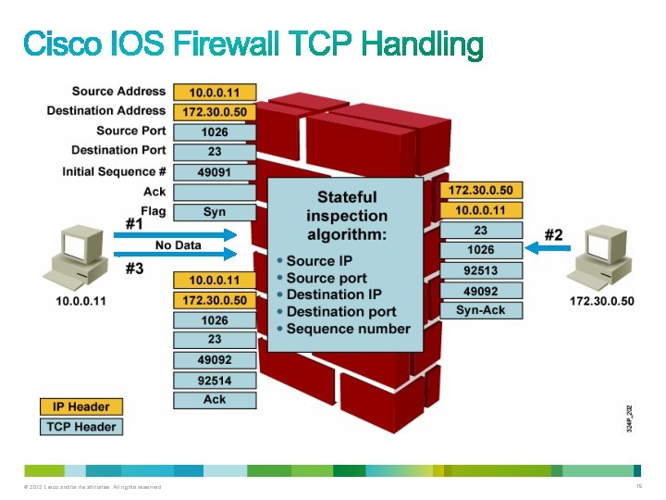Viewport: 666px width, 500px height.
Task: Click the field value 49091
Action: click(215, 172)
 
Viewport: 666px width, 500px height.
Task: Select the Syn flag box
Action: click(215, 212)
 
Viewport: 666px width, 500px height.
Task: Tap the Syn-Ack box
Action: click(481, 310)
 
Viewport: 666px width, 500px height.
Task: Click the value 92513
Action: click(481, 270)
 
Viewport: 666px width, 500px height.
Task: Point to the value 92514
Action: click(215, 380)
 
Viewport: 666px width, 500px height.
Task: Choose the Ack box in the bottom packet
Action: click(215, 400)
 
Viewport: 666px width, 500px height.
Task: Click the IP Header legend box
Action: click(80, 406)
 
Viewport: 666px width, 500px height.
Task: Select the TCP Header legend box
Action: click(80, 427)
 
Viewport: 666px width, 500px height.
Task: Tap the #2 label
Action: click(553, 235)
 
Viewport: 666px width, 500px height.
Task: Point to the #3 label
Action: click(135, 269)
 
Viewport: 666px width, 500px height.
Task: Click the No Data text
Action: click(178, 245)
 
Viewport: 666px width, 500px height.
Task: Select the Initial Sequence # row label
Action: click(115, 171)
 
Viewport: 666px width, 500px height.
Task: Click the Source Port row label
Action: click(131, 131)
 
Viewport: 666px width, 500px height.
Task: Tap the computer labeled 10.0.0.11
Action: click(81, 259)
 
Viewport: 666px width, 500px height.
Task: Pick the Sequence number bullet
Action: click(348, 329)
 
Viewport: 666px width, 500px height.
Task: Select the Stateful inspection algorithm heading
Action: click(347, 215)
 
